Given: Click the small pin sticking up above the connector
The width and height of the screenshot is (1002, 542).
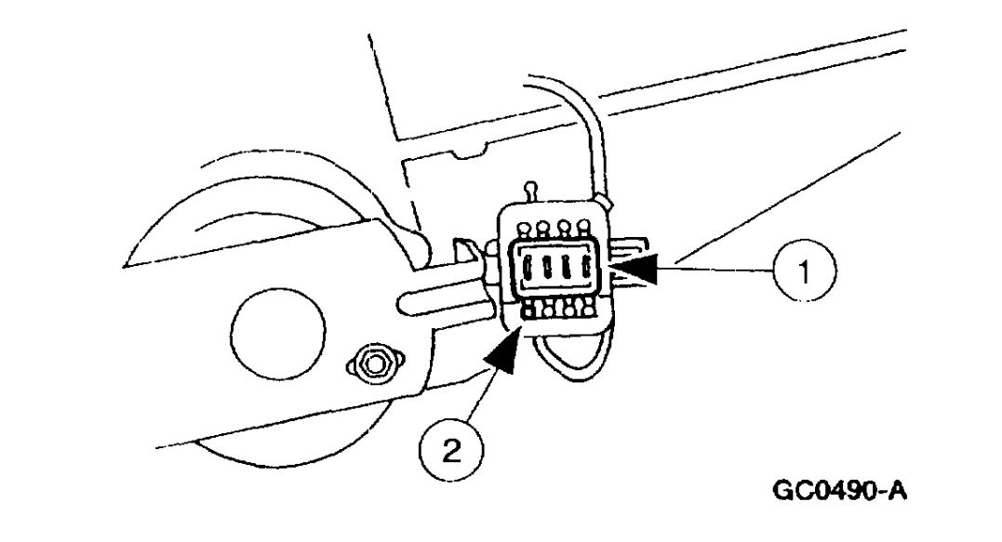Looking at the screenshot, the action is (530, 193).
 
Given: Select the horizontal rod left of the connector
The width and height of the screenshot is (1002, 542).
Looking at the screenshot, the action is (437, 299).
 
